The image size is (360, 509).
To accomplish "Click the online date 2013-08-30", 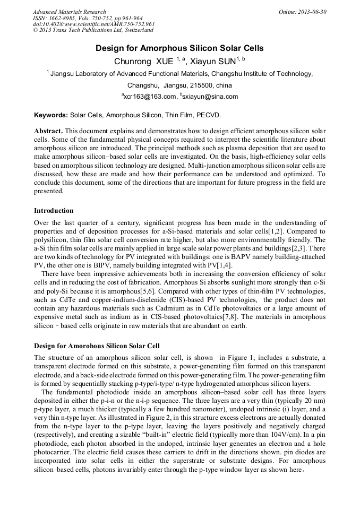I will (x=313, y=12).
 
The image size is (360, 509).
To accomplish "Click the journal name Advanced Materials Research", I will (x=69, y=12).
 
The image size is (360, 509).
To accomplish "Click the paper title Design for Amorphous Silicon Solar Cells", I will (x=179, y=48).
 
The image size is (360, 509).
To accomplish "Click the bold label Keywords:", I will (x=51, y=115).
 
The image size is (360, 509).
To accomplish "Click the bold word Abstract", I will (x=48, y=131).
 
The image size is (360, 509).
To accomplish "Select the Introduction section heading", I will (x=54, y=211).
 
